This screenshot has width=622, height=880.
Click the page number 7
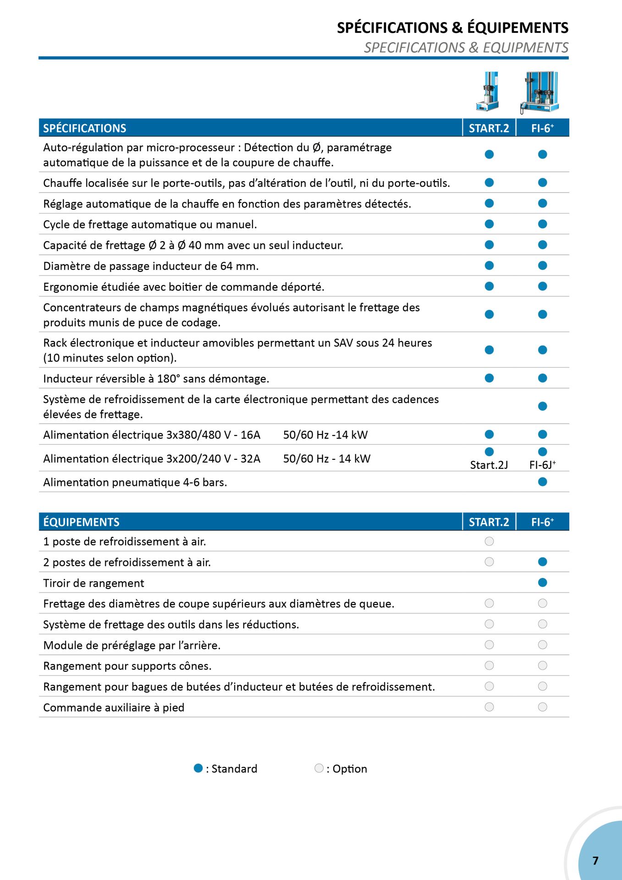595,860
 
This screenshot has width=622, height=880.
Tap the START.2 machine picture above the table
488,91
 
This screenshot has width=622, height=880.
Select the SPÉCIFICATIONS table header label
84,128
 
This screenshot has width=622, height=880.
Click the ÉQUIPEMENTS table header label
81,522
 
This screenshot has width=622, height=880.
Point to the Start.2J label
489,465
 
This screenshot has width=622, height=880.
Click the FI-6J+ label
542,465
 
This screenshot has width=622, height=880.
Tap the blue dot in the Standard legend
198,768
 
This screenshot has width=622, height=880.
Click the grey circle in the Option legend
319,768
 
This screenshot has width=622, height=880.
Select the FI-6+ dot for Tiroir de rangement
542,583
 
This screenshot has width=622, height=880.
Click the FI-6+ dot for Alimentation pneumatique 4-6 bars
542,482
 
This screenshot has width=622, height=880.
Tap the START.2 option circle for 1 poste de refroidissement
489,541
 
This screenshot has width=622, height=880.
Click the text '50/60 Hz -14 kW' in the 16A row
325,435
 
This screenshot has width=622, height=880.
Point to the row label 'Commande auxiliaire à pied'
114,708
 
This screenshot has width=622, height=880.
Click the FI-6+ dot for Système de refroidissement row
542,406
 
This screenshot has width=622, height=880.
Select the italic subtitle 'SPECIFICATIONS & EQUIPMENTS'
466,48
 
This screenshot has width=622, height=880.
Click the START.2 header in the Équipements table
489,522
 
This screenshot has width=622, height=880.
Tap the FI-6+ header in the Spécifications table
542,128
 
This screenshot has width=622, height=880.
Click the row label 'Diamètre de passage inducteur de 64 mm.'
151,266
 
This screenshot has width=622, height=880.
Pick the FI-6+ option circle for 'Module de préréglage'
542,645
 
